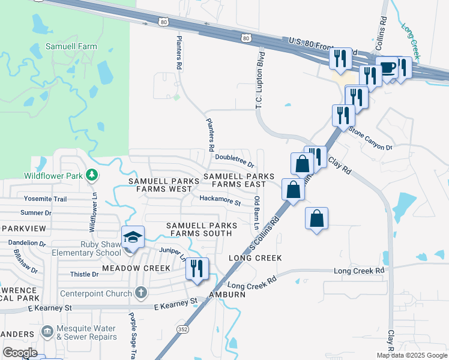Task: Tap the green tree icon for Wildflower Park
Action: click(x=92, y=175)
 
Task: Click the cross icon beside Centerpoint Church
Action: click(x=140, y=293)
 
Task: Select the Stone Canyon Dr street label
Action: click(x=370, y=138)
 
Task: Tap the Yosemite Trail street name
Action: click(x=45, y=199)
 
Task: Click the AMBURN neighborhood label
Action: click(x=228, y=295)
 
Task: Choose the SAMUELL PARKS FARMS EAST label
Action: click(x=238, y=181)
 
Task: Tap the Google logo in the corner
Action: click(x=20, y=353)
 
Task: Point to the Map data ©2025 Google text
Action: click(x=411, y=355)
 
